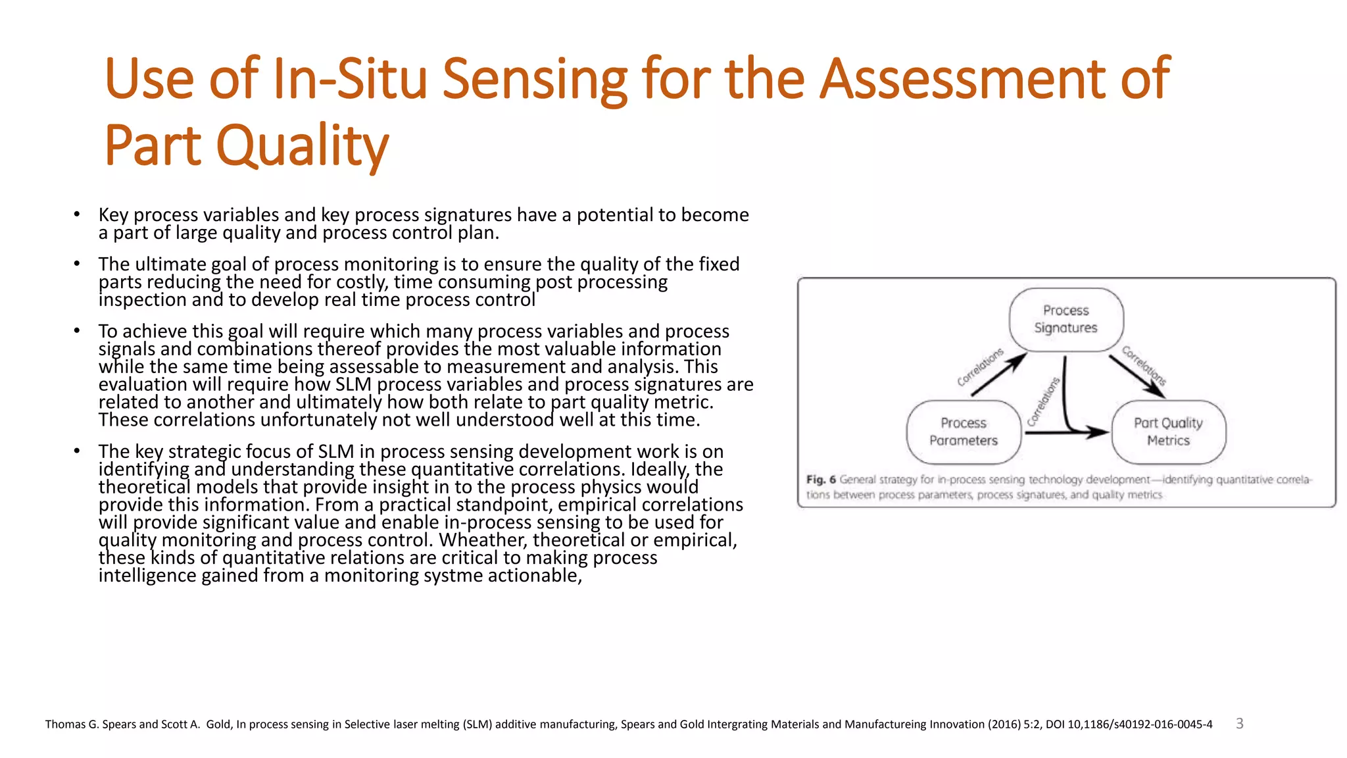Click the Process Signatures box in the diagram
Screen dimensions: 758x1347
tap(1066, 319)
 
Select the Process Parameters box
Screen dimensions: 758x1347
tap(964, 432)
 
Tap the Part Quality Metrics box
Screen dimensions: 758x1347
tap(1168, 432)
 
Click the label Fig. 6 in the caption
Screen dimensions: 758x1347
tap(821, 480)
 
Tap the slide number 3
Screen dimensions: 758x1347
tap(1240, 724)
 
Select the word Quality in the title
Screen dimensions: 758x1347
tap(303, 146)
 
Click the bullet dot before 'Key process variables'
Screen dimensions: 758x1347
tap(77, 214)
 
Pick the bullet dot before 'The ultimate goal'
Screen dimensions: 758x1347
tap(77, 263)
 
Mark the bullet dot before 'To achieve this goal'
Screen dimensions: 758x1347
tap(77, 330)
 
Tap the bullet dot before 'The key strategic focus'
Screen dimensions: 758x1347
tap(77, 451)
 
